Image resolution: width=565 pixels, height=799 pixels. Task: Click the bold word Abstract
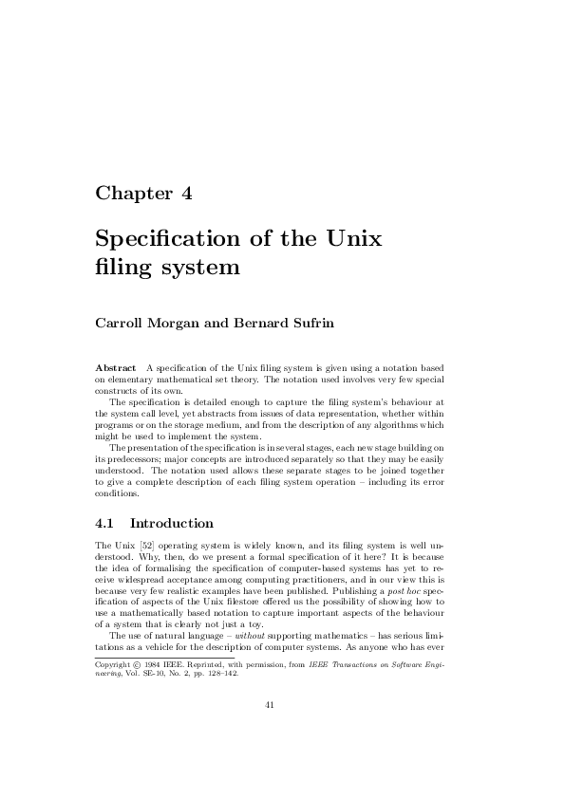115,366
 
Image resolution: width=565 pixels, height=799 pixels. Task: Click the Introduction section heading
172,523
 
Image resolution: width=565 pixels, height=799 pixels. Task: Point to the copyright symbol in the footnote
139,664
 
